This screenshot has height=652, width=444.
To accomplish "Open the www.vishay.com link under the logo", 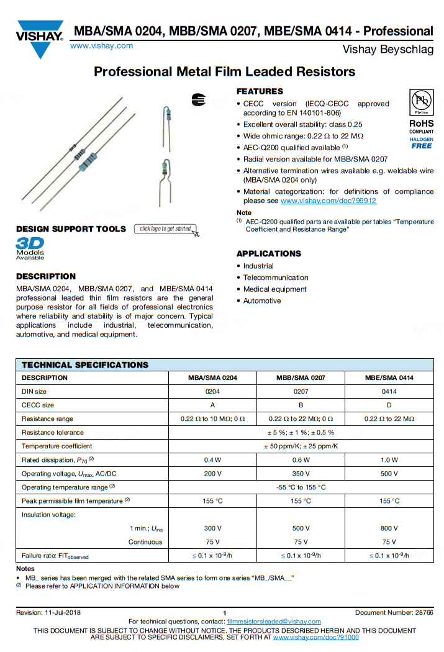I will click(x=101, y=46).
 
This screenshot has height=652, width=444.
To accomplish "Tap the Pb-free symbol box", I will click(x=422, y=102).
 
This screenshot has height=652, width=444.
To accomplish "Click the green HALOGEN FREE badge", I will click(x=422, y=143).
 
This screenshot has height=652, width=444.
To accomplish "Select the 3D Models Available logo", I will click(x=30, y=247).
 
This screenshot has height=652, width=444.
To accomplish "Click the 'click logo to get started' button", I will click(x=166, y=229).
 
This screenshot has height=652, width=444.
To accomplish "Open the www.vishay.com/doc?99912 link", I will click(x=328, y=201).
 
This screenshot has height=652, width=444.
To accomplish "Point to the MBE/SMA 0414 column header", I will click(x=389, y=378).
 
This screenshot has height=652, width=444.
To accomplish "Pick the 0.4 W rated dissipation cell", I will click(x=213, y=460).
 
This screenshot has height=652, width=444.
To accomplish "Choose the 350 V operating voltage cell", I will click(x=301, y=474).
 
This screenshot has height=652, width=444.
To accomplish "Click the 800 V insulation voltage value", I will click(x=389, y=528).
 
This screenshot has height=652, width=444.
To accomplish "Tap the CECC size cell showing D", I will click(x=389, y=405).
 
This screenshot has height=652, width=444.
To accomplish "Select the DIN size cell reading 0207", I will click(x=301, y=391).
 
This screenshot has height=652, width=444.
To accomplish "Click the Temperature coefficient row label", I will click(x=57, y=446).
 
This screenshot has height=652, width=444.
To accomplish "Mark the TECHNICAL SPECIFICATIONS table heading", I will click(x=85, y=364).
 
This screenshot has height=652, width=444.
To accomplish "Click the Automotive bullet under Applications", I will click(x=262, y=301).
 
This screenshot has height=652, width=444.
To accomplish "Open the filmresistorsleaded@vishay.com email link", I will click(x=274, y=622).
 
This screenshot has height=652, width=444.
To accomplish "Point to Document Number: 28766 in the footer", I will click(x=394, y=613).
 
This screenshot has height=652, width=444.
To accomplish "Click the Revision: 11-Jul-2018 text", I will click(x=48, y=613).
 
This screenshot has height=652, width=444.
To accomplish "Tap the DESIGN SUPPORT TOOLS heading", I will click(x=71, y=229).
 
